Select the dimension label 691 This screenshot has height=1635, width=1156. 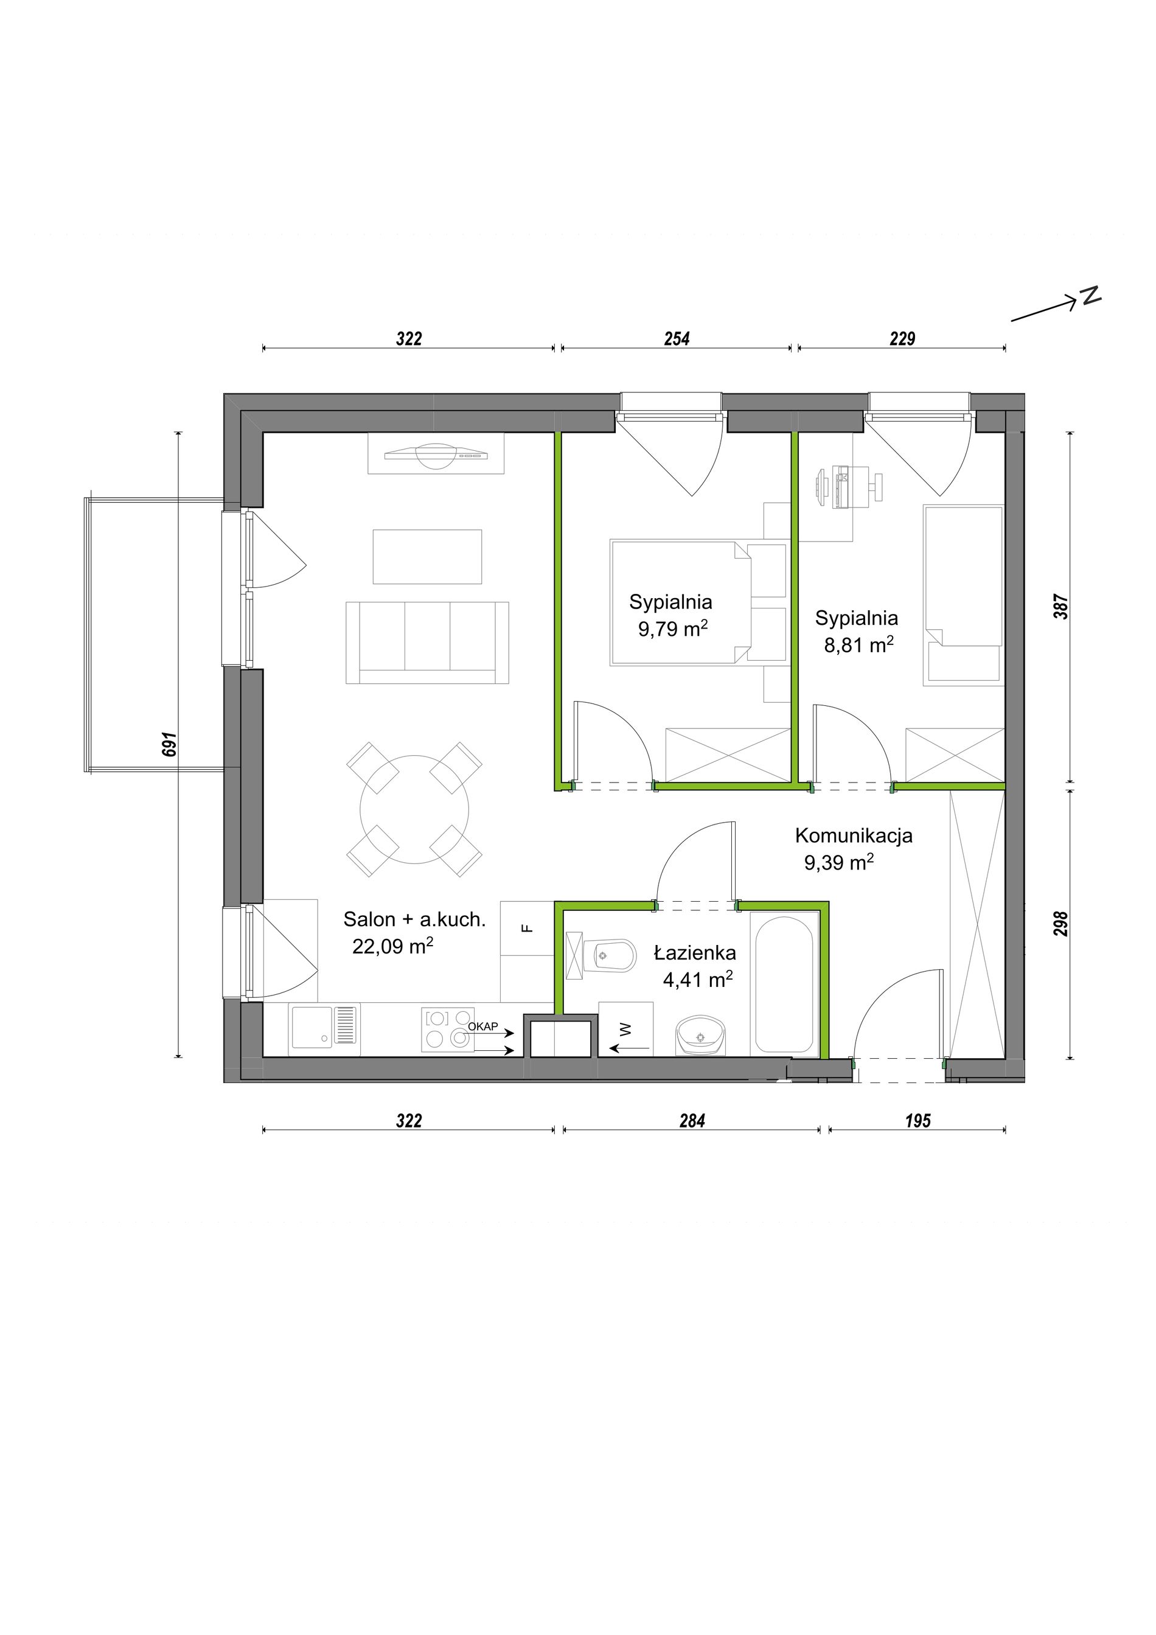tap(169, 744)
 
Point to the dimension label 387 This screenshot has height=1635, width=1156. tap(1060, 606)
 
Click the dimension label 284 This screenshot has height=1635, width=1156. tap(691, 1121)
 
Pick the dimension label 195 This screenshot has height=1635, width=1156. tap(917, 1121)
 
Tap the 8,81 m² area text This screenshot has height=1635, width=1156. tap(858, 644)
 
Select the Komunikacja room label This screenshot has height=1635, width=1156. tap(854, 835)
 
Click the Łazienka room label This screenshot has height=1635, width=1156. tap(695, 953)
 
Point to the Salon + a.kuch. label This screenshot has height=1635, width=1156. tap(414, 919)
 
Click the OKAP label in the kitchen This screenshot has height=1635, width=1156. tap(482, 1026)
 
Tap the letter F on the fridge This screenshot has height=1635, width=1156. tap(527, 928)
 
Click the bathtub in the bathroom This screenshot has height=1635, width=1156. tap(783, 986)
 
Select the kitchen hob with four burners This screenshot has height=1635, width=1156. tap(448, 1029)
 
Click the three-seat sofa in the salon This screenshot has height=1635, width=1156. tap(427, 643)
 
